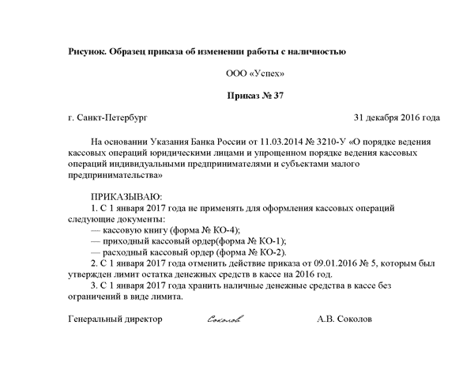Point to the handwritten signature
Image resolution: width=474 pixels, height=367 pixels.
[224, 320]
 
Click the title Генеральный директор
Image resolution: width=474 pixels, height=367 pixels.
[115, 320]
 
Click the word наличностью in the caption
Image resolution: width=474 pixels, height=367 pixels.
[314, 52]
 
